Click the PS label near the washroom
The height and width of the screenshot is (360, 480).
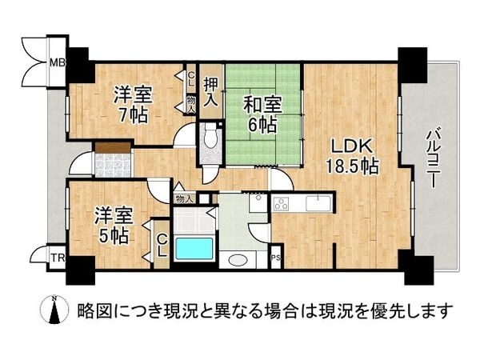click(x=276, y=258)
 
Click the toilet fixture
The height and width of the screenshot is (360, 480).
click(x=210, y=138)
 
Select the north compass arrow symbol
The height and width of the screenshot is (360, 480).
click(x=54, y=310)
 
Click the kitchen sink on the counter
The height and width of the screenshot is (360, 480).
click(x=319, y=202)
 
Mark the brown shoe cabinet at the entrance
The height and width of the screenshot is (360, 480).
click(x=111, y=147)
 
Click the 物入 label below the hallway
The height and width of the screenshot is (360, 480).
click(x=183, y=198)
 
